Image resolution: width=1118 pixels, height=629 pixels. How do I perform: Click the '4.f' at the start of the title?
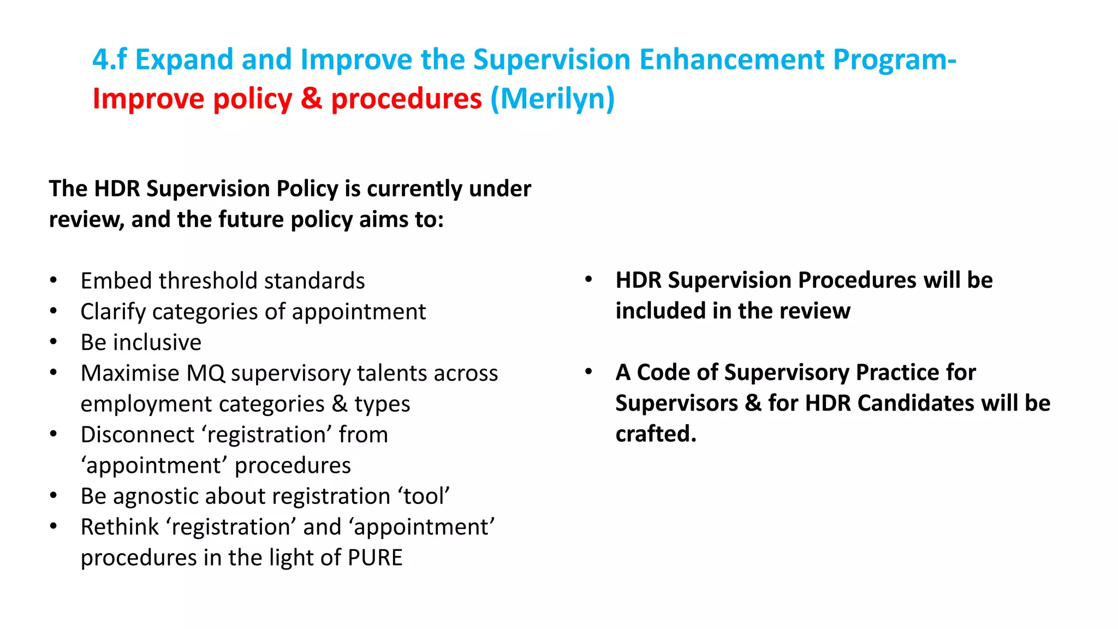click(109, 60)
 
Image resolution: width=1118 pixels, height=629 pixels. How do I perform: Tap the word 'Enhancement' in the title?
click(731, 60)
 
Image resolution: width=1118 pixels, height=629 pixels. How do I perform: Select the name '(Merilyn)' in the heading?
click(552, 99)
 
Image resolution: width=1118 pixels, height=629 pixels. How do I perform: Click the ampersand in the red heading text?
click(311, 99)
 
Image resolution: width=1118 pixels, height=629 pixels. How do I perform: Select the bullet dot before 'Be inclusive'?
click(53, 342)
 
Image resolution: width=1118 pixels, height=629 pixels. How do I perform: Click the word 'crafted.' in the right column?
click(656, 434)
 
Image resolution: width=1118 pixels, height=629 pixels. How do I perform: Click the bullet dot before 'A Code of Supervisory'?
click(588, 372)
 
